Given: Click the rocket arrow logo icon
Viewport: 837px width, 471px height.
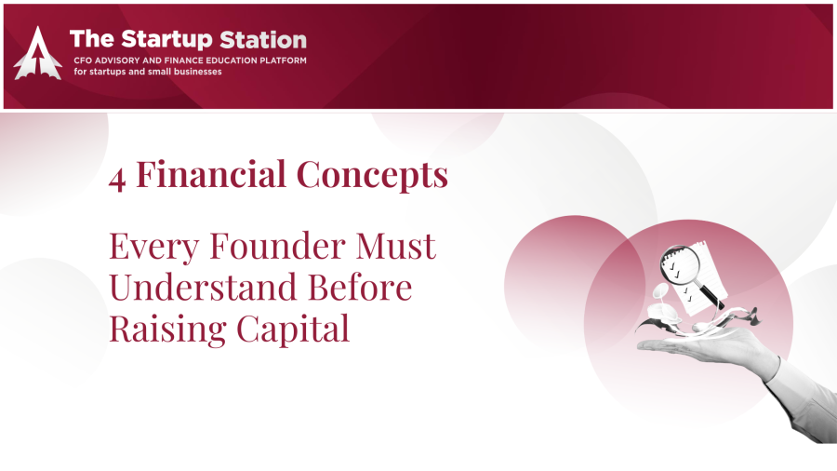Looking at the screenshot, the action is coord(37,53).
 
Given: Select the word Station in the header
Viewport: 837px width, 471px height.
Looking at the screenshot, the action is coord(263,39).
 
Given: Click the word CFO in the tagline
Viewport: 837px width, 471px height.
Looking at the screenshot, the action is coord(83,61).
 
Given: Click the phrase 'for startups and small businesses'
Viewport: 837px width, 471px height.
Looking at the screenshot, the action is coord(148,72).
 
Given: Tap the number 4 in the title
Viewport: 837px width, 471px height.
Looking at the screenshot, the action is coord(117,179).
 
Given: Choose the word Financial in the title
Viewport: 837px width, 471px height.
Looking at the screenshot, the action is coord(211,174).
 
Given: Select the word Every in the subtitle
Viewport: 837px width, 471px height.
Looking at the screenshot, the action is coord(154,248).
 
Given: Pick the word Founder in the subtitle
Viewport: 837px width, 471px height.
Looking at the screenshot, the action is coord(277,246).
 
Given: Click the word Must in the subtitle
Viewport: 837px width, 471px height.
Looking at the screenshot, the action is coord(395,246).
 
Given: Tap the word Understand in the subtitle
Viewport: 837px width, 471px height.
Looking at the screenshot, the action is coord(203,287).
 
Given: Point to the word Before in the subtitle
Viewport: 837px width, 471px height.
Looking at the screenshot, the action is coord(360,287).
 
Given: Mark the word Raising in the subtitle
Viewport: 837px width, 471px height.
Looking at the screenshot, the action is coord(168,330).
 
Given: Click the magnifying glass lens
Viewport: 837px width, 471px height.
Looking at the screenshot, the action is coord(680,263).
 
